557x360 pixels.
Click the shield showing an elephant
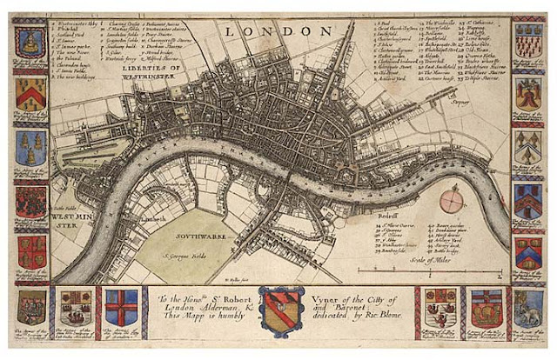(x=528, y=307)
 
